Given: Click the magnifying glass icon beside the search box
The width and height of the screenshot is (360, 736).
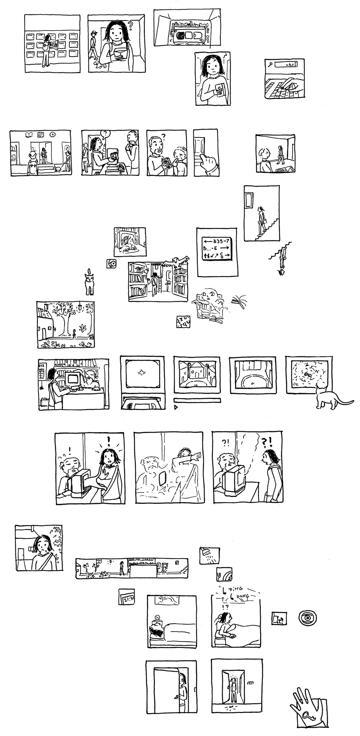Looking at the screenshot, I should coord(270,64).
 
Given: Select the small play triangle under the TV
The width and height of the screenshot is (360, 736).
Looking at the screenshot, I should coord(176,407).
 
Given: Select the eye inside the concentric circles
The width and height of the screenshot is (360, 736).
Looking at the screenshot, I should coord(307,618).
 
